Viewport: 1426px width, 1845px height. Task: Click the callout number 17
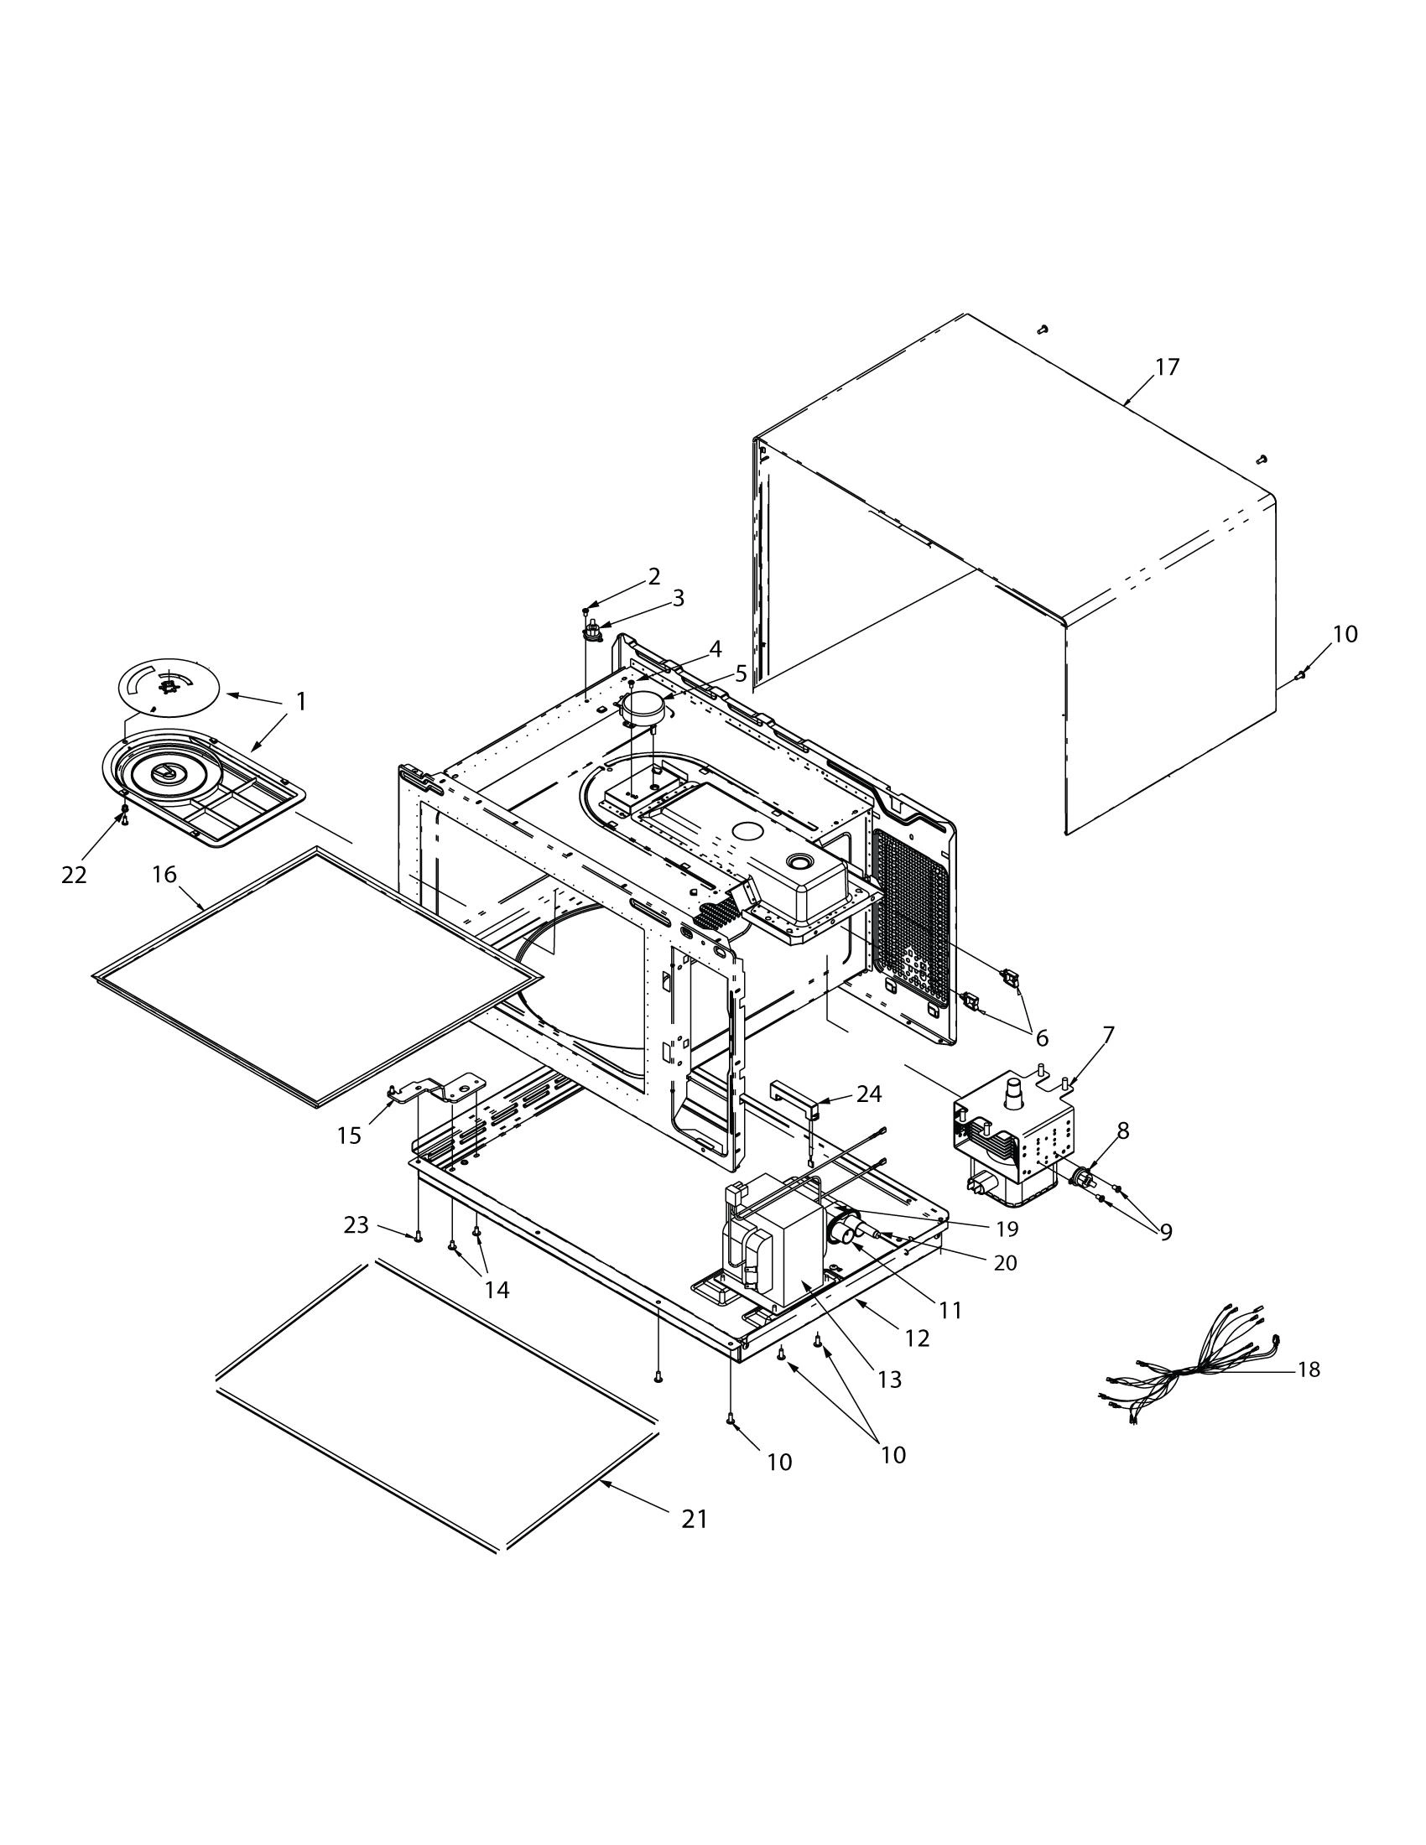click(x=1167, y=367)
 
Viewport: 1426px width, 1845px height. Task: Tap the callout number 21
click(x=694, y=1519)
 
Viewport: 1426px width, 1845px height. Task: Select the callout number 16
click(x=164, y=875)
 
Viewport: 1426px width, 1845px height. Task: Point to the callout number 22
click(x=74, y=876)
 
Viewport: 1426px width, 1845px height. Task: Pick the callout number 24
click(x=868, y=1094)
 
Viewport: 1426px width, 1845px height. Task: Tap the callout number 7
click(x=1107, y=1035)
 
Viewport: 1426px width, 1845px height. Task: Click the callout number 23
click(x=356, y=1224)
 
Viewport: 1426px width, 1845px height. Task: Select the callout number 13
click(x=889, y=1380)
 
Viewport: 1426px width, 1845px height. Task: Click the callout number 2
click(x=654, y=576)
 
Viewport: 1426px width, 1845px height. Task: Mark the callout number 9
click(x=1166, y=1232)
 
